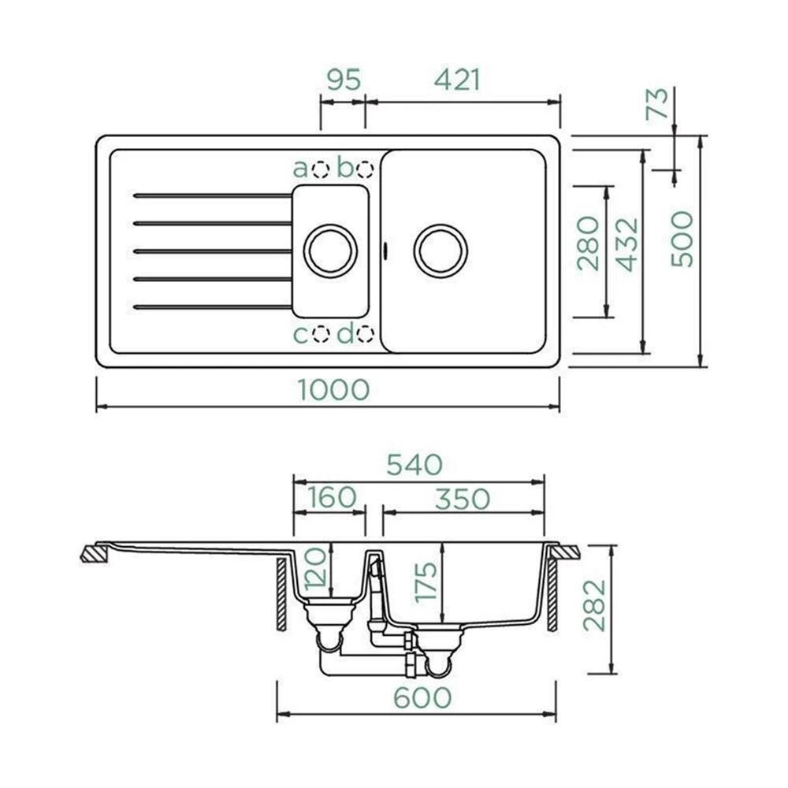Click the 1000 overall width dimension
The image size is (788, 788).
pyautogui.click(x=333, y=388)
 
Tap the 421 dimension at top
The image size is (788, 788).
pyautogui.click(x=457, y=80)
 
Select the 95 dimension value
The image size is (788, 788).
pyautogui.click(x=344, y=80)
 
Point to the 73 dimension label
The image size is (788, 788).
pyautogui.click(x=657, y=103)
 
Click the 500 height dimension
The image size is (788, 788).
pyautogui.click(x=682, y=239)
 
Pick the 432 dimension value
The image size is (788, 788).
pyautogui.click(x=628, y=245)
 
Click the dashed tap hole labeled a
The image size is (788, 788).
pyautogui.click(x=321, y=168)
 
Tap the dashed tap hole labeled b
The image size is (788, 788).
pyautogui.click(x=365, y=168)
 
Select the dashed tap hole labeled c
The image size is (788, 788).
pyautogui.click(x=321, y=335)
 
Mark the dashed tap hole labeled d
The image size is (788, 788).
pyautogui.click(x=365, y=335)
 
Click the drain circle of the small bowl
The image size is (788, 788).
pyautogui.click(x=330, y=251)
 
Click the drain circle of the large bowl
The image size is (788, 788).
pyautogui.click(x=440, y=251)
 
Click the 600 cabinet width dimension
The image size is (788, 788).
pyautogui.click(x=423, y=697)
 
